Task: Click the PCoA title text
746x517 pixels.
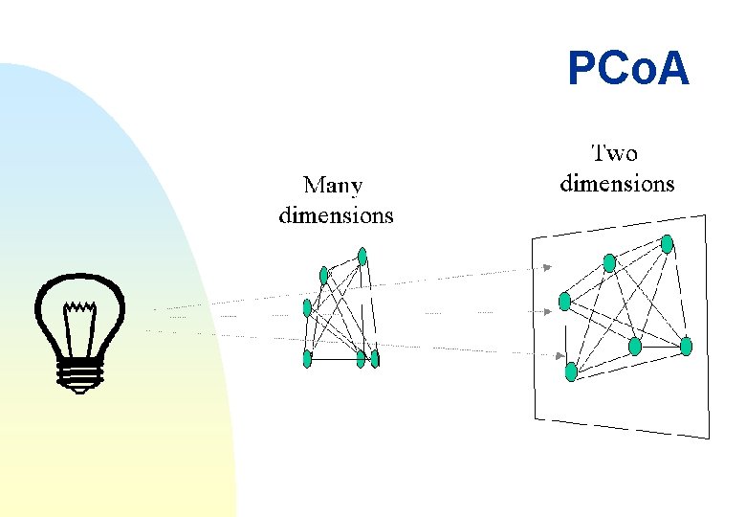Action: point(627,69)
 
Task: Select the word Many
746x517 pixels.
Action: point(333,185)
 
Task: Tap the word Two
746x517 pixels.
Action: point(614,152)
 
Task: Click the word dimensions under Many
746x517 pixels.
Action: point(336,214)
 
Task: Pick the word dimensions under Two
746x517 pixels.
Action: point(617,183)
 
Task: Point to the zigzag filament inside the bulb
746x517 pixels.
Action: point(79,308)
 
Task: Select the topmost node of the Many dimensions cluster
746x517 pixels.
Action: point(362,256)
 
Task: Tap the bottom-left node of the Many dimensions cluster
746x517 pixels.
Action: point(307,358)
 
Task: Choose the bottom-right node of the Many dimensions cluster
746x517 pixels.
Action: point(375,358)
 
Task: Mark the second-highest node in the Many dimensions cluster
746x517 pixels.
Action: point(324,275)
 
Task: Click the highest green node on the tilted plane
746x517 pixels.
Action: point(668,244)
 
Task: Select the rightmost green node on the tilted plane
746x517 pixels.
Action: point(686,345)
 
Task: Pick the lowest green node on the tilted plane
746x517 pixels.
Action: point(571,371)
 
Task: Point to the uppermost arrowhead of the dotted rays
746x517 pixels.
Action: point(547,268)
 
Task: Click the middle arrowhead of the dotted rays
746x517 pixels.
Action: point(548,311)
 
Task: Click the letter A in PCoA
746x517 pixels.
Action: point(671,69)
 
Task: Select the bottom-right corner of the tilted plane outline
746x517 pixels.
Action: point(710,438)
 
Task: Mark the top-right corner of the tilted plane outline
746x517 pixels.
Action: point(706,216)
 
